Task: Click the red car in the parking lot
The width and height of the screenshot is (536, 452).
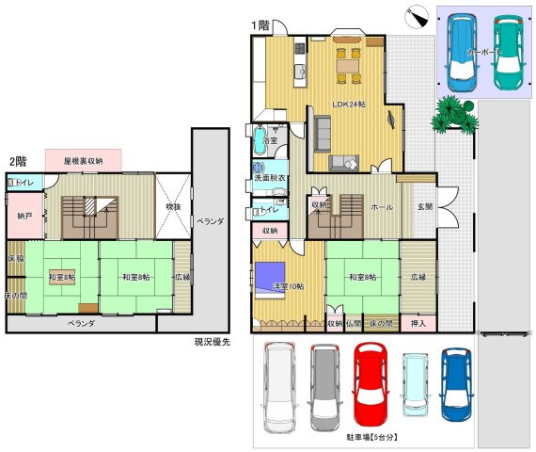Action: (370, 383)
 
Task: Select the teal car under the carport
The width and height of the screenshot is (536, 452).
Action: (506, 54)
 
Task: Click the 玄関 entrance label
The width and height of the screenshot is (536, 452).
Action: (426, 206)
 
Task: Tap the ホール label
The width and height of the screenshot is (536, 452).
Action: (383, 206)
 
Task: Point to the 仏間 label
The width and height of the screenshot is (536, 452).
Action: (354, 323)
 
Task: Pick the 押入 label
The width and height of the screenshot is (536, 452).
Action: (418, 323)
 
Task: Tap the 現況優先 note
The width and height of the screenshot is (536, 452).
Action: (213, 341)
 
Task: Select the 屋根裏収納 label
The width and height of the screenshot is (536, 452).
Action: (83, 162)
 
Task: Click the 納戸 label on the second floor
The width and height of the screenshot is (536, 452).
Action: (24, 216)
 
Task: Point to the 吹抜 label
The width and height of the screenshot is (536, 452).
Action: (173, 206)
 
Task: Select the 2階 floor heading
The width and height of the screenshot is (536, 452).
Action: (18, 162)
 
